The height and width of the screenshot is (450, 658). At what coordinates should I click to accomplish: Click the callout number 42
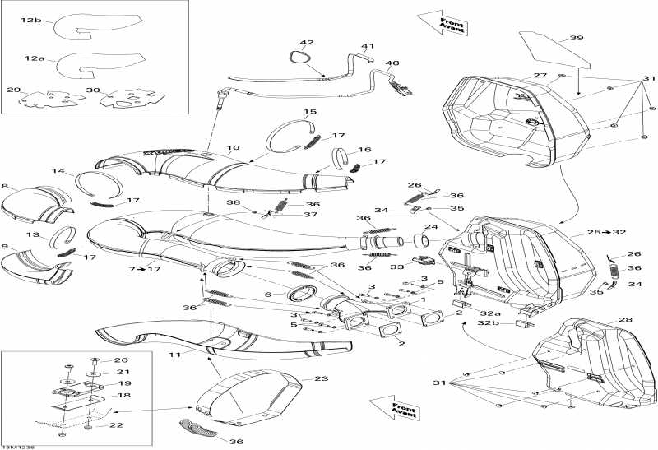[307, 43]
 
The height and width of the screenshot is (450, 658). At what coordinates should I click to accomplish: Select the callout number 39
[577, 38]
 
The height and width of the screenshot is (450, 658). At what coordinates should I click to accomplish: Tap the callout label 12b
[31, 19]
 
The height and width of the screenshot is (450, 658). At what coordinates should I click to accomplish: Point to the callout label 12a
[35, 60]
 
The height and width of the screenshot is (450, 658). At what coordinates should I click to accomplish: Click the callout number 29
[14, 90]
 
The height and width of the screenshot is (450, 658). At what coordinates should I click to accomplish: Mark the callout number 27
[540, 76]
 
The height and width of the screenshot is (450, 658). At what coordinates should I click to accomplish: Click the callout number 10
[233, 149]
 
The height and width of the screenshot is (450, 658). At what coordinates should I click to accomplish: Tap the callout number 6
[268, 295]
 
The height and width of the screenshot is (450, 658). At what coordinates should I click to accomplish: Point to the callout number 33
[396, 267]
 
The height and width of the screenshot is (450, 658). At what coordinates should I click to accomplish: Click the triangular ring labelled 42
[300, 58]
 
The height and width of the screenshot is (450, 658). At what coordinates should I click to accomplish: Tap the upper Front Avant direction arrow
[442, 22]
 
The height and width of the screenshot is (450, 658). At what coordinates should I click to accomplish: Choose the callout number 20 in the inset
[121, 360]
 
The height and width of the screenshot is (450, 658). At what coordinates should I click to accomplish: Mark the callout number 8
[5, 187]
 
